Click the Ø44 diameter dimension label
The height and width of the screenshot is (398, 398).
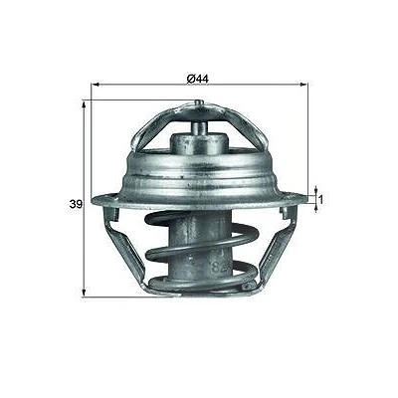pyautogui.click(x=198, y=79)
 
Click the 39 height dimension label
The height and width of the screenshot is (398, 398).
pyautogui.click(x=76, y=204)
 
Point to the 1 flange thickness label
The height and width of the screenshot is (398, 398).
pyautogui.click(x=320, y=200)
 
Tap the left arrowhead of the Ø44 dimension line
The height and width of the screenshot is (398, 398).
pyautogui.click(x=96, y=85)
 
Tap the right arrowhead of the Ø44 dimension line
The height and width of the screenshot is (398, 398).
pyautogui.click(x=303, y=85)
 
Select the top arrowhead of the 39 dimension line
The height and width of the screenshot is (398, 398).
pyautogui.click(x=84, y=105)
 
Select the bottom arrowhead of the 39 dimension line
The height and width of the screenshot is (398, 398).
pyautogui.click(x=84, y=293)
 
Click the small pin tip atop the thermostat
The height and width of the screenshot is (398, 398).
pyautogui.click(x=199, y=102)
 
